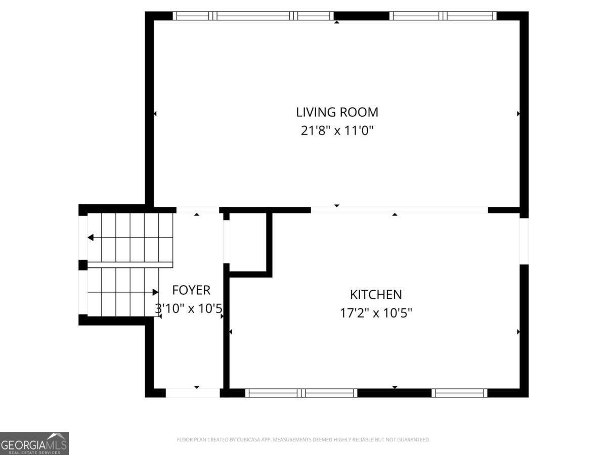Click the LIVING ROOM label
tap(337, 112)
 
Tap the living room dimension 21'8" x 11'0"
tap(337, 131)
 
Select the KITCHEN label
tap(376, 294)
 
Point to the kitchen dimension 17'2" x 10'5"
tap(376, 313)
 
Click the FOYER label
tap(191, 290)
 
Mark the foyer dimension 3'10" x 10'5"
tap(189, 308)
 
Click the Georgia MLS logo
tap(34, 443)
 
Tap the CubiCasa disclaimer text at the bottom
tap(303, 440)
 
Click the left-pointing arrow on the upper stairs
tap(91, 238)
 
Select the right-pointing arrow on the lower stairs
tap(155, 292)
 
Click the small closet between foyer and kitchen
tap(248, 243)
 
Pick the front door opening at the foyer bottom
tap(193, 393)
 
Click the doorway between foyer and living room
tap(197, 210)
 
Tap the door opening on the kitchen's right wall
tap(524, 241)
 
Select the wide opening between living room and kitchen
tap(399, 210)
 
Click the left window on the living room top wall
tap(253, 16)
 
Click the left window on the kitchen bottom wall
tap(301, 393)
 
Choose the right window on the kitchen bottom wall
tap(459, 393)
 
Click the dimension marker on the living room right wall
tap(518, 114)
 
